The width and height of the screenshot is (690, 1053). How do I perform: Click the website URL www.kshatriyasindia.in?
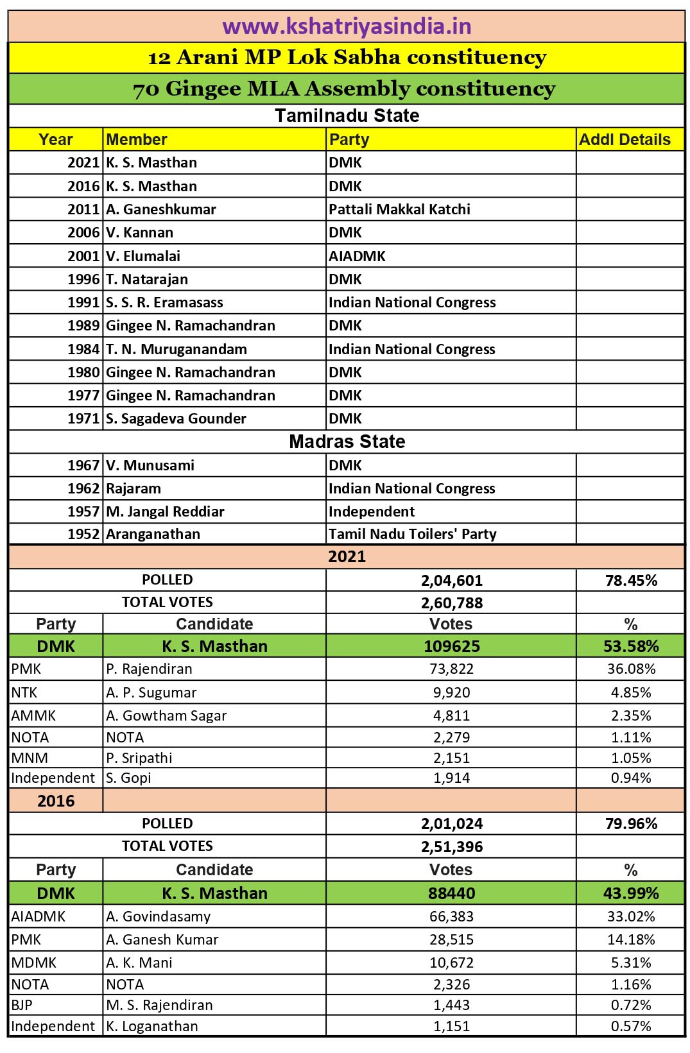pos(347,26)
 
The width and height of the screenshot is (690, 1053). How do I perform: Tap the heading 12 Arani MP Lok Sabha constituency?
pos(347,57)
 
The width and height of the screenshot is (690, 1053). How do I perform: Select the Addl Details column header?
pos(625,140)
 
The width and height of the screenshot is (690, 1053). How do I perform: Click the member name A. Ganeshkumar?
pos(161,209)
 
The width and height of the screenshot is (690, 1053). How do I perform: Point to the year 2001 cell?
pos(83,256)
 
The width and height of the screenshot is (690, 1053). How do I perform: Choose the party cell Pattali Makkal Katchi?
pos(399,209)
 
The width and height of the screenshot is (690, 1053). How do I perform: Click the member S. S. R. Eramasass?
pos(164,302)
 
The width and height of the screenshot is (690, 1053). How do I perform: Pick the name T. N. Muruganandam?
pos(177,349)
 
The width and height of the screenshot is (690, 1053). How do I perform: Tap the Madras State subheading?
pos(347,441)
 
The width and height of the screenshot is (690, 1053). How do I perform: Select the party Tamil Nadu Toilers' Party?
pos(413,534)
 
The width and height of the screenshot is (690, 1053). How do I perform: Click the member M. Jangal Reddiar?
pos(165,511)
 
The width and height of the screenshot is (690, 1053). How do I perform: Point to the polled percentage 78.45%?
pos(631,581)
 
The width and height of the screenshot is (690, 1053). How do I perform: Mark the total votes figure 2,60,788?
pos(452,603)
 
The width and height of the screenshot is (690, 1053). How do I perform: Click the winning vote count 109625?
pos(452,646)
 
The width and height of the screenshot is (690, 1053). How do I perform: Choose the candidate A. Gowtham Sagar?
pos(166,715)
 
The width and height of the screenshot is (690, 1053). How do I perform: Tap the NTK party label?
pos(24,692)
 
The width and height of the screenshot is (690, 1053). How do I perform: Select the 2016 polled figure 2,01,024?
pos(452,824)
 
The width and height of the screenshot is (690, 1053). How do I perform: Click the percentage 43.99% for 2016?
pos(631,893)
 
